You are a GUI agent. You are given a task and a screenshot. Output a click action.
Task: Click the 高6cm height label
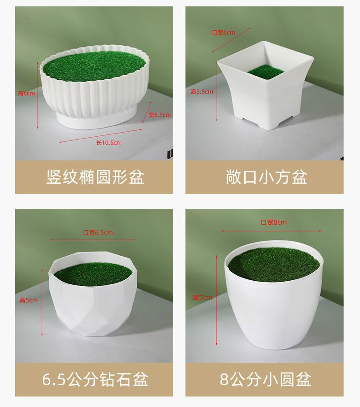tap(26, 93)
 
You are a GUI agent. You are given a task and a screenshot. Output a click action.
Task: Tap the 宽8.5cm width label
tap(159, 115)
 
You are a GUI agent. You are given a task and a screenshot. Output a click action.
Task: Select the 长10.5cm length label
tap(109, 143)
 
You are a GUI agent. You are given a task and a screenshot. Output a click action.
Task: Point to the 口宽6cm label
tap(223, 32)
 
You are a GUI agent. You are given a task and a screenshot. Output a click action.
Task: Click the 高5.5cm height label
tap(202, 92)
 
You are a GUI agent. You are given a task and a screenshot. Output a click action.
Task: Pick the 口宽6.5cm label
tap(98, 232)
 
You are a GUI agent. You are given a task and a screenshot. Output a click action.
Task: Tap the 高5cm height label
tap(29, 300)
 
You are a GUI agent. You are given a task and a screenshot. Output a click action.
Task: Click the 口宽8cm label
tap(273, 222)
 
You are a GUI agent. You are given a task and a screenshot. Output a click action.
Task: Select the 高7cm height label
tap(202, 298)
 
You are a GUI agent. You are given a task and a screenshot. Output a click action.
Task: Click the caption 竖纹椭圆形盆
tap(95, 177)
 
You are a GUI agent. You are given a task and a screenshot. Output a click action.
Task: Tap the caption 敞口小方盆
tap(266, 177)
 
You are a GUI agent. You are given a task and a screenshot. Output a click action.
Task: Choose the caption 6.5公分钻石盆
tap(95, 379)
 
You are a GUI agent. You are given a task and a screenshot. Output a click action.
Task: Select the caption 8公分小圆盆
tap(265, 379)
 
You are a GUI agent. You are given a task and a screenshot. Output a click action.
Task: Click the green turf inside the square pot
tap(266, 71)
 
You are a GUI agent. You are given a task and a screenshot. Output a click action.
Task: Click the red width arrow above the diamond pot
tap(93, 240)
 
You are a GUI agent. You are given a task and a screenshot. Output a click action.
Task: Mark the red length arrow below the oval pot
tap(101, 135)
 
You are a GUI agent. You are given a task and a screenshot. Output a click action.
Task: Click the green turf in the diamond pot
tap(94, 273)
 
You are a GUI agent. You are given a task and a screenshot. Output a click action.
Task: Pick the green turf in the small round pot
tap(274, 265)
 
